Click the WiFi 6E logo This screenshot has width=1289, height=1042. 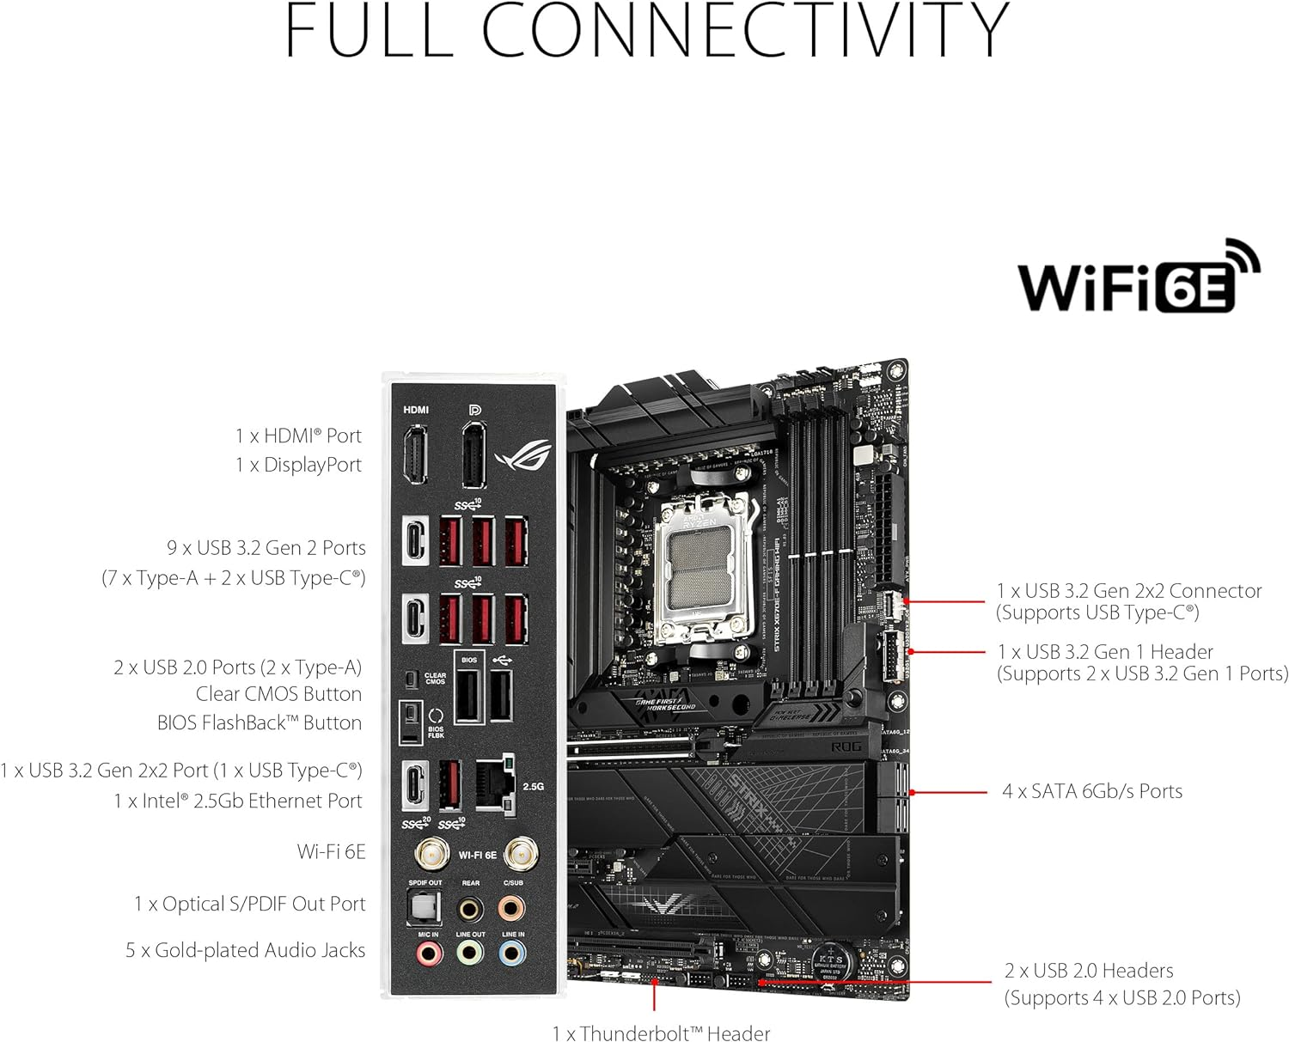pos(1139,277)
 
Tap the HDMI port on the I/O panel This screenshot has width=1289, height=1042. pos(416,456)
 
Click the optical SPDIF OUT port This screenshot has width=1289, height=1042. pos(423,909)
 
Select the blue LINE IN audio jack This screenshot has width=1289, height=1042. pos(512,953)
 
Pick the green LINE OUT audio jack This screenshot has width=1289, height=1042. pos(469,953)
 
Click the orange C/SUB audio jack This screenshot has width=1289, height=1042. pos(512,908)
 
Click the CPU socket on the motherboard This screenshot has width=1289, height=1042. pos(705,563)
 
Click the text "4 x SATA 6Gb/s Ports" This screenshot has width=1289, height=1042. pos(1091,792)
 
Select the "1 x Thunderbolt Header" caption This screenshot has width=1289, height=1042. pos(660,1033)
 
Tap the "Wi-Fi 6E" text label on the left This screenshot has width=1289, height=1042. pos(331,851)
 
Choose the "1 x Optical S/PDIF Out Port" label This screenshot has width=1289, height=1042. pos(249,904)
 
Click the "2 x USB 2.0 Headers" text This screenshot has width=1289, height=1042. pos(1088,971)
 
